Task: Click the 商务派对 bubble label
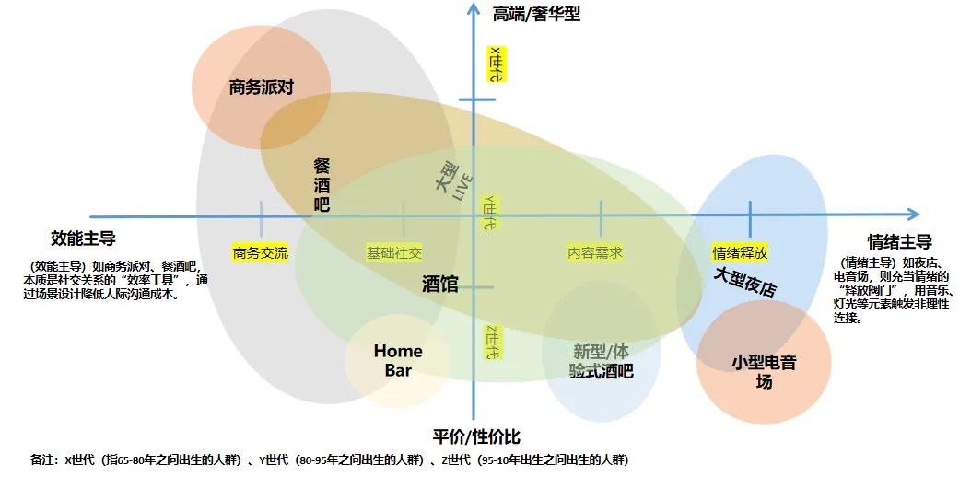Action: (261, 88)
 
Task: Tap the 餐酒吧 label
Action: (322, 184)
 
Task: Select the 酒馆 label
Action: (440, 284)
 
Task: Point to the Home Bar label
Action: (398, 360)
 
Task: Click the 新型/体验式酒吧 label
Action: (602, 361)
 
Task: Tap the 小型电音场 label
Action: (764, 372)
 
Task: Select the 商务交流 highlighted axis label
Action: (261, 252)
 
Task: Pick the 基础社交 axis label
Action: (394, 252)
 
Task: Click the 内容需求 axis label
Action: (595, 252)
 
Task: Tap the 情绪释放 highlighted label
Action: (740, 252)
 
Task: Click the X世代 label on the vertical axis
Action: (496, 65)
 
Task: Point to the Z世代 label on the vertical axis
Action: (492, 342)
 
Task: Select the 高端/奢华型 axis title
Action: (537, 14)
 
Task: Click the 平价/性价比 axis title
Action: (476, 436)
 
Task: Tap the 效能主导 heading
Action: (83, 238)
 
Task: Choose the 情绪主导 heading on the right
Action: (899, 241)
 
